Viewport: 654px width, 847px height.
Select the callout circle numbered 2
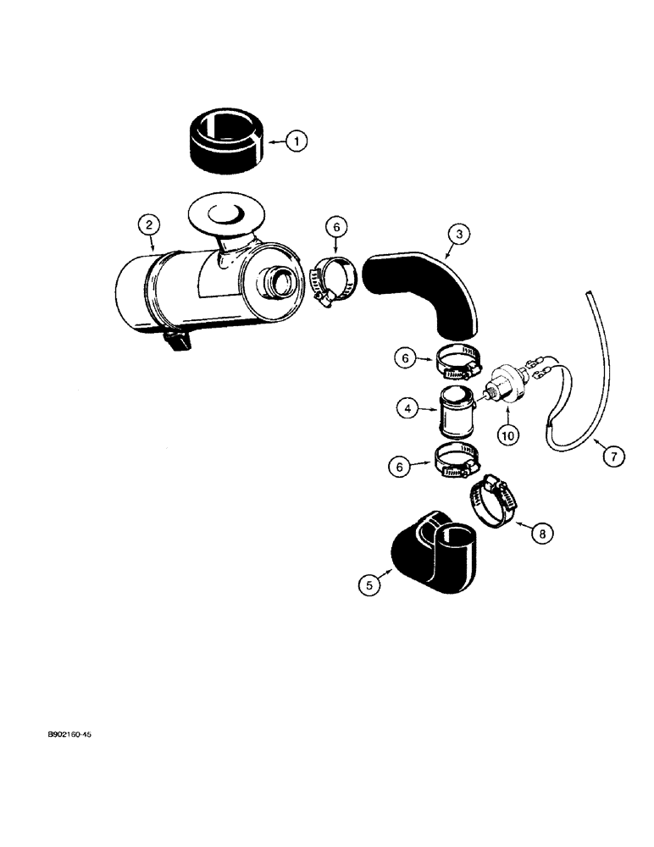[149, 224]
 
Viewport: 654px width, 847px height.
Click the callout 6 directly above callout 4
[403, 359]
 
